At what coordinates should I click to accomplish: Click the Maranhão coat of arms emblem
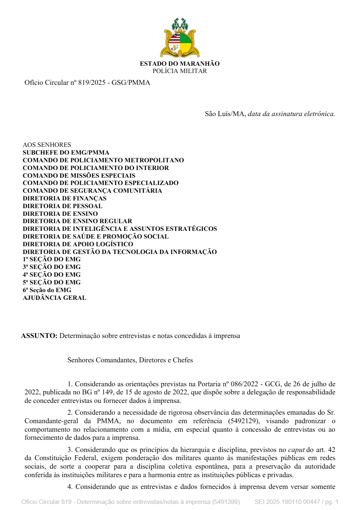pyautogui.click(x=180, y=38)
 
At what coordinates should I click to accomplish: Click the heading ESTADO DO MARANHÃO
pyautogui.click(x=180, y=64)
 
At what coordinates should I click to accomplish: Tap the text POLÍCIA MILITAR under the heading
pyautogui.click(x=180, y=71)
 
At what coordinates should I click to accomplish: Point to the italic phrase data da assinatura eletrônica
pyautogui.click(x=291, y=114)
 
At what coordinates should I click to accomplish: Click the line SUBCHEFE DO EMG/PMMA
pyautogui.click(x=66, y=153)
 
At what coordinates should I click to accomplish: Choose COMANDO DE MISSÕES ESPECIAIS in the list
pyautogui.click(x=79, y=176)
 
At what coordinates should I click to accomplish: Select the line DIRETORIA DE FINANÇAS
pyautogui.click(x=64, y=198)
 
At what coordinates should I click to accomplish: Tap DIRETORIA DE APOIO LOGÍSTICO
pyautogui.click(x=78, y=244)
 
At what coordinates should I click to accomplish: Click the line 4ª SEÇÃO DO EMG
pyautogui.click(x=51, y=275)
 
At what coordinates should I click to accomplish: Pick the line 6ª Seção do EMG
pyautogui.click(x=47, y=290)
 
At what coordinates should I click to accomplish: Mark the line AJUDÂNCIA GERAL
pyautogui.click(x=54, y=298)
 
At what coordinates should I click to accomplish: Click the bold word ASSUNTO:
pyautogui.click(x=39, y=336)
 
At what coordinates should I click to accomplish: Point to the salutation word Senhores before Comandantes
pyautogui.click(x=81, y=360)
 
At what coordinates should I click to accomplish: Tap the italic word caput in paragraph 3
pyautogui.click(x=296, y=450)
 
